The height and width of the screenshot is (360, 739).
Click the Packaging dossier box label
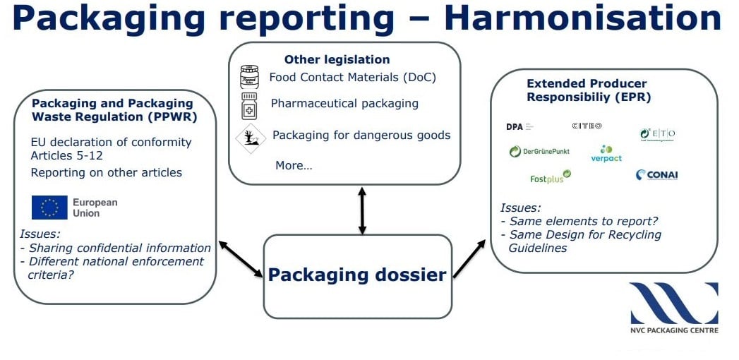click(x=356, y=274)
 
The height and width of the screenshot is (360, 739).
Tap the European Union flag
click(x=49, y=208)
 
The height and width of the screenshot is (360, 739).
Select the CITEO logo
click(x=587, y=126)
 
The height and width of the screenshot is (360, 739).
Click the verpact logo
click(x=606, y=154)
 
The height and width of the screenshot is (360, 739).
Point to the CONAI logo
click(x=656, y=175)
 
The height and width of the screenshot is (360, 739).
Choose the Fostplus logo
click(x=550, y=177)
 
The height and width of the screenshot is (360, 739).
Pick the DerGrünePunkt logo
click(x=539, y=151)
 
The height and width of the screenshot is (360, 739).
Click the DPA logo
click(x=519, y=127)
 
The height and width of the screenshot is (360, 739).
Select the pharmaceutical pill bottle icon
click(x=250, y=105)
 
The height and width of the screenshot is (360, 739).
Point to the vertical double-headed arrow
click(x=362, y=210)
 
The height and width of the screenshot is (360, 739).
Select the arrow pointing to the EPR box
click(x=469, y=258)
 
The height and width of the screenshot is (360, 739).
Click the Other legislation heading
click(x=337, y=59)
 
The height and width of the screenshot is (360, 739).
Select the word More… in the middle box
click(x=294, y=165)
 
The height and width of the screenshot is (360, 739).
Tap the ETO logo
click(x=657, y=133)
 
